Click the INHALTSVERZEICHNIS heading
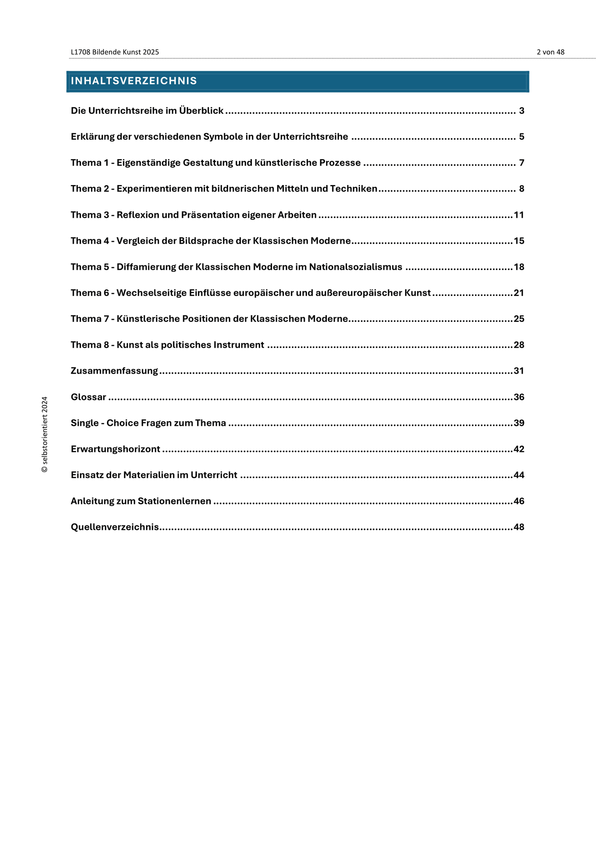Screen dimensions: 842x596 [134, 81]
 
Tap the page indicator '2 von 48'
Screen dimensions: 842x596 [550, 52]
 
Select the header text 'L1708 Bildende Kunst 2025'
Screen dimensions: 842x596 [115, 52]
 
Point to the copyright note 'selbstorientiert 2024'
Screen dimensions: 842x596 [45, 434]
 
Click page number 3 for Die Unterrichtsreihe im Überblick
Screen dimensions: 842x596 [521, 111]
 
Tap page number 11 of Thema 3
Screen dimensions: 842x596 [519, 215]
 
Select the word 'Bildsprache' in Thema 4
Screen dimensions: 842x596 [206, 241]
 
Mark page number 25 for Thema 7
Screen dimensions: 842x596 [519, 319]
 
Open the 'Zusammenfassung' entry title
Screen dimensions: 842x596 [114, 371]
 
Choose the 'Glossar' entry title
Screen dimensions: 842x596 [88, 397]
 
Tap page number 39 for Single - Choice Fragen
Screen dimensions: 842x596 [519, 423]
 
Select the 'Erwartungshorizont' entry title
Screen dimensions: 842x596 [115, 449]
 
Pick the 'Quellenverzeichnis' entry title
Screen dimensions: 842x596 [115, 527]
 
